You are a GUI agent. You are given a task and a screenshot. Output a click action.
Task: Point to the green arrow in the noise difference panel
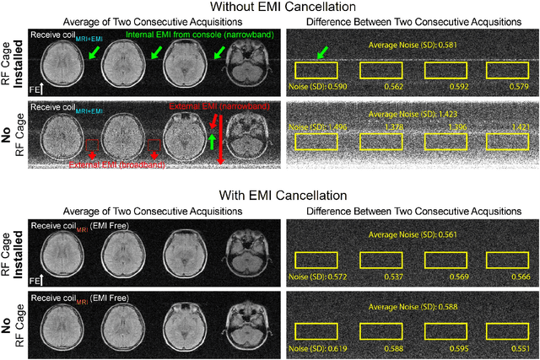[322, 55]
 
